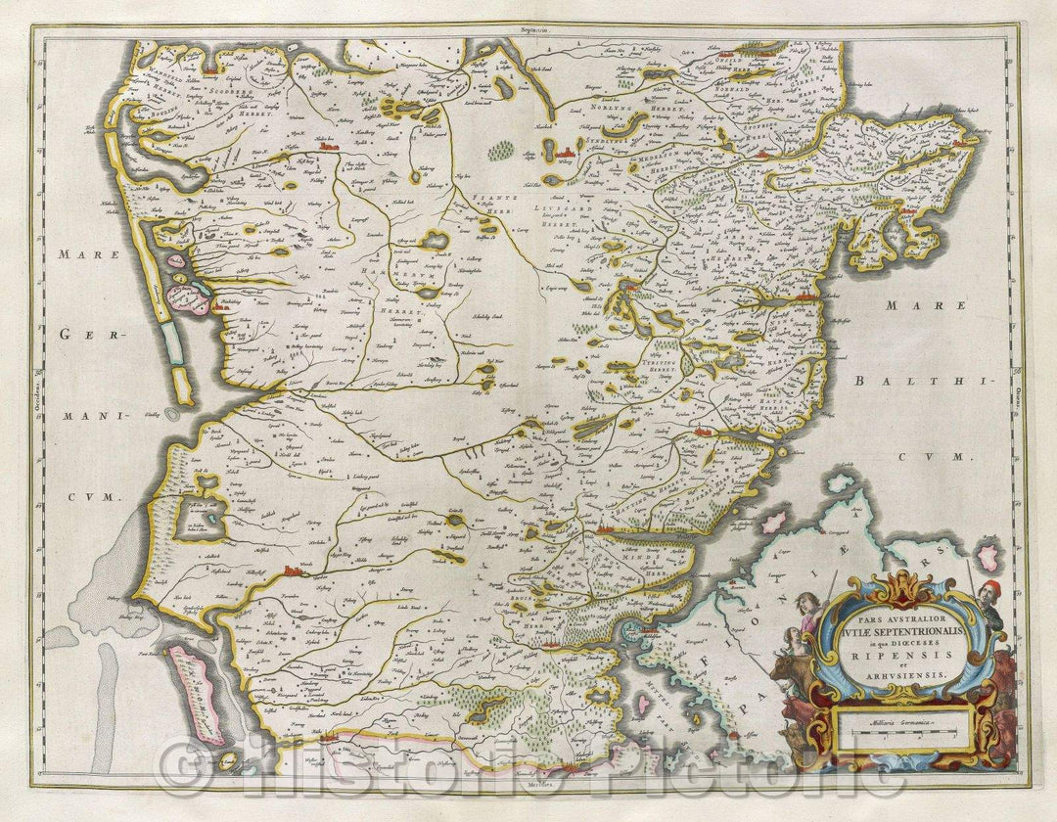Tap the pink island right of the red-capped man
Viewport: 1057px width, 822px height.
click(990, 558)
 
